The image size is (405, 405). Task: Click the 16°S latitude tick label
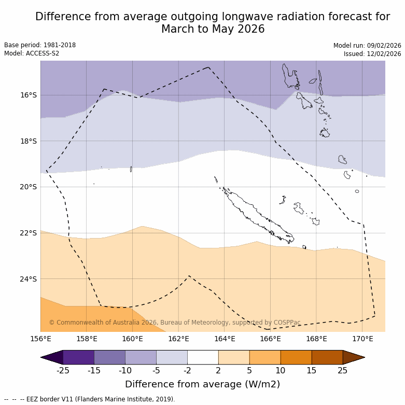coord(29,95)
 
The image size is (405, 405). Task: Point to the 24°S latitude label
coord(29,279)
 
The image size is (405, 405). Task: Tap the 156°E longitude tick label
coord(40,339)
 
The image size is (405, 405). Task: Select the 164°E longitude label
coord(225,339)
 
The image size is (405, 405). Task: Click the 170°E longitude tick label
coord(362,339)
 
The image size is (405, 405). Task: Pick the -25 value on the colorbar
coord(63,370)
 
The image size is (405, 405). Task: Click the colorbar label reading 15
coord(312,370)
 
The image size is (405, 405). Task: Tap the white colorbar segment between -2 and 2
coord(203,357)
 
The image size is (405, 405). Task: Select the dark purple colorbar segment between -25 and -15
coord(78,357)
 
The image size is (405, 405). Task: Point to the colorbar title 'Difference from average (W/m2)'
coord(202,384)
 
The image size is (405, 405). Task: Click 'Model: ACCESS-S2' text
coord(32,53)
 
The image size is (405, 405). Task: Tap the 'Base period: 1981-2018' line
coord(40,45)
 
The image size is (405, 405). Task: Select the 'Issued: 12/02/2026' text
coord(372,54)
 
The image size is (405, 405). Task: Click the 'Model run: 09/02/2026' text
coord(367,46)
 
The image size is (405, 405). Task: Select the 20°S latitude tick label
coord(29,187)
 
